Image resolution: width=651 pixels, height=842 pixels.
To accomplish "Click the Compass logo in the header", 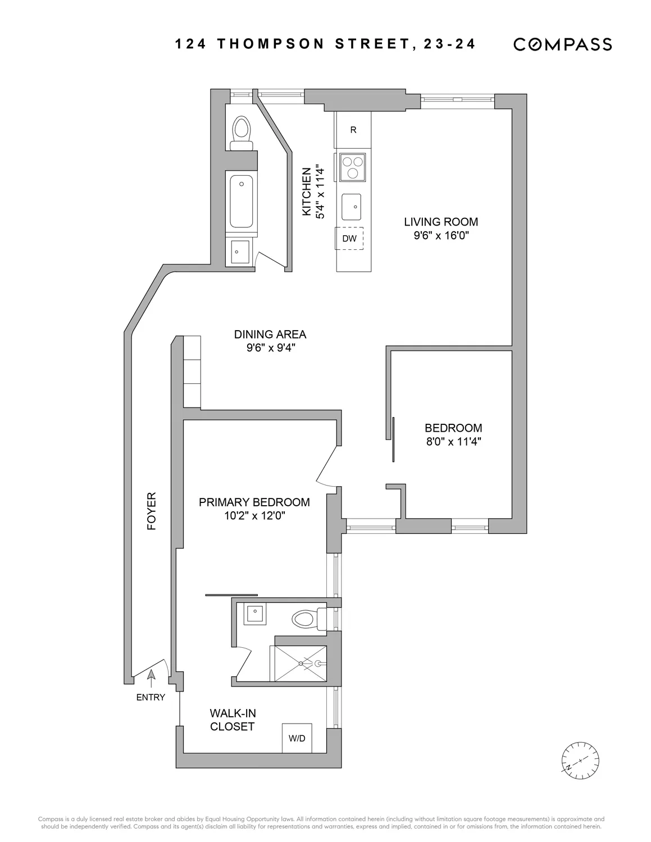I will (x=562, y=44).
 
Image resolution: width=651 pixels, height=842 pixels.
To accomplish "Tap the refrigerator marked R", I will (x=353, y=130).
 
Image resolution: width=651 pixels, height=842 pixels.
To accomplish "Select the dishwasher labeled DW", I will (x=349, y=239).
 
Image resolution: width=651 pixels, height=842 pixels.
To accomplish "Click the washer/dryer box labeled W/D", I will (x=297, y=738).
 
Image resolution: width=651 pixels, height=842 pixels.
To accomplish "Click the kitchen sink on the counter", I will (x=352, y=208).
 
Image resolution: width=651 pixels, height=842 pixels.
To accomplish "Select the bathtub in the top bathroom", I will (x=242, y=200).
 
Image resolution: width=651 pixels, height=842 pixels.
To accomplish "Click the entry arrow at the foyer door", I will (x=151, y=678).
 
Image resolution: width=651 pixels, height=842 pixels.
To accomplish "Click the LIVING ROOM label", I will (x=441, y=222).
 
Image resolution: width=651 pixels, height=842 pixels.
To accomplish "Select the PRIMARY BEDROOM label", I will (x=254, y=502).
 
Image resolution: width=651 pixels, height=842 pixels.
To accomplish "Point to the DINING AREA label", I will (x=270, y=335).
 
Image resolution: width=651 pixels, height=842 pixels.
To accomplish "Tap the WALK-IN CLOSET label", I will (x=233, y=720).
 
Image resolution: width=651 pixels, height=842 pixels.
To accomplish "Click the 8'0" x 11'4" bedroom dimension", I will (x=453, y=441).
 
